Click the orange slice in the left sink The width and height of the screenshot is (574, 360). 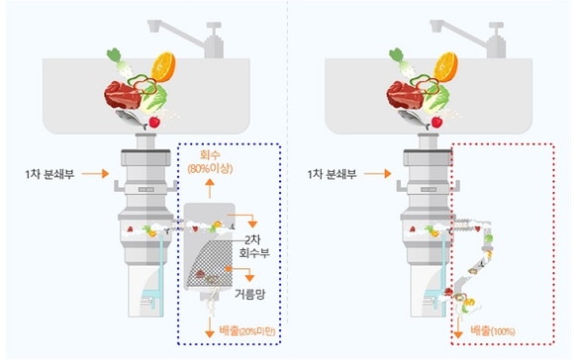pos(163,67)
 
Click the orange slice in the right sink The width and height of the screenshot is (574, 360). pos(446,67)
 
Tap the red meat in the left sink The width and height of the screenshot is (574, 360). pos(123,95)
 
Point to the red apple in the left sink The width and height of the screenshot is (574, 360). pos(154,122)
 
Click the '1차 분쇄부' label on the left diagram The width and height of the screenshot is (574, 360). pos(49,174)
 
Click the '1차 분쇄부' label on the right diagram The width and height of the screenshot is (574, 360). pos(332,174)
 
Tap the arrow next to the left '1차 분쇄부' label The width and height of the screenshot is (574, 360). pos(95,173)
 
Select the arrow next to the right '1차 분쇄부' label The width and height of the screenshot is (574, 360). pos(378,173)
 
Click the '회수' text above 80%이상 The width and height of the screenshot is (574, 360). pos(210,155)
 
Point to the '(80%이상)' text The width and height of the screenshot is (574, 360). pos(210,169)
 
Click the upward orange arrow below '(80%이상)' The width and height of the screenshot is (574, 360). pos(210,189)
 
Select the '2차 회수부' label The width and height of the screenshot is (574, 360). pos(254,246)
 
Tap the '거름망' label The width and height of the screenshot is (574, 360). pos(249,294)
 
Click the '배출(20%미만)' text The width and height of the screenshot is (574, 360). pos(247,331)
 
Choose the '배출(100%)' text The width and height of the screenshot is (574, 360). pos(493,331)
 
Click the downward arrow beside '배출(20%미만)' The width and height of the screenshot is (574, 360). pos(210,327)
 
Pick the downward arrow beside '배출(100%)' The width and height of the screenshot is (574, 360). pos(458,327)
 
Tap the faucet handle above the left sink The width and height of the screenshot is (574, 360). pos(214,27)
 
